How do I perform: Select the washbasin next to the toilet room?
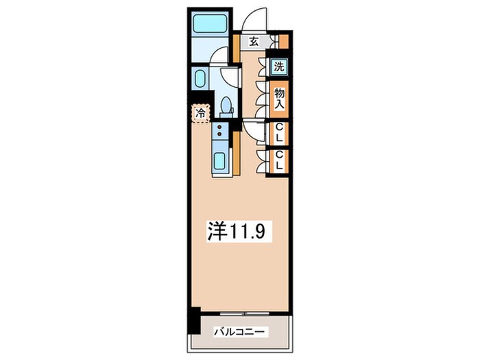coord(200,79)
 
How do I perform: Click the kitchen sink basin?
coord(220,160)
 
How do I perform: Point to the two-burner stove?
coord(220,130)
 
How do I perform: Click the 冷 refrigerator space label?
coord(201,114)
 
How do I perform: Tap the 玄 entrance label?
coord(254,41)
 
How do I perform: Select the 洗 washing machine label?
coord(279,66)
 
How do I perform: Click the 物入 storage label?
coord(279,99)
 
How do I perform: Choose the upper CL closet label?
coord(279,132)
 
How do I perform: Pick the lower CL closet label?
coord(279,160)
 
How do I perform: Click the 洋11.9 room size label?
coord(237,230)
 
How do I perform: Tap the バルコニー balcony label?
coord(239,332)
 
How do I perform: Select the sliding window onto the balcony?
coord(245,313)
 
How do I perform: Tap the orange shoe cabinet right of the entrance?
coord(284,43)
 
